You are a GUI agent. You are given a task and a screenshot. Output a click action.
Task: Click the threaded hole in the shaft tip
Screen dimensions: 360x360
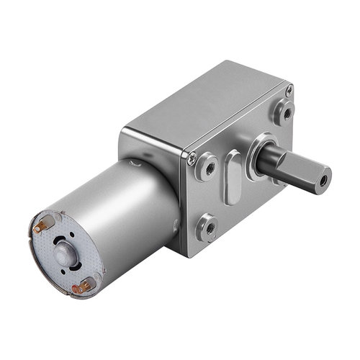(x=325, y=175)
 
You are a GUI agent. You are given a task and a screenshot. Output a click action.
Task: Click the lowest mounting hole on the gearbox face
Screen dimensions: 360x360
(x=209, y=226)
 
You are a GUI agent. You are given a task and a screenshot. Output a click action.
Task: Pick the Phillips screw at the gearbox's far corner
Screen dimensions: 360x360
(x=289, y=91)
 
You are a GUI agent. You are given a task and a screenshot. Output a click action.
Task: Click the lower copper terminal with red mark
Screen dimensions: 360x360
(x=86, y=285)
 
